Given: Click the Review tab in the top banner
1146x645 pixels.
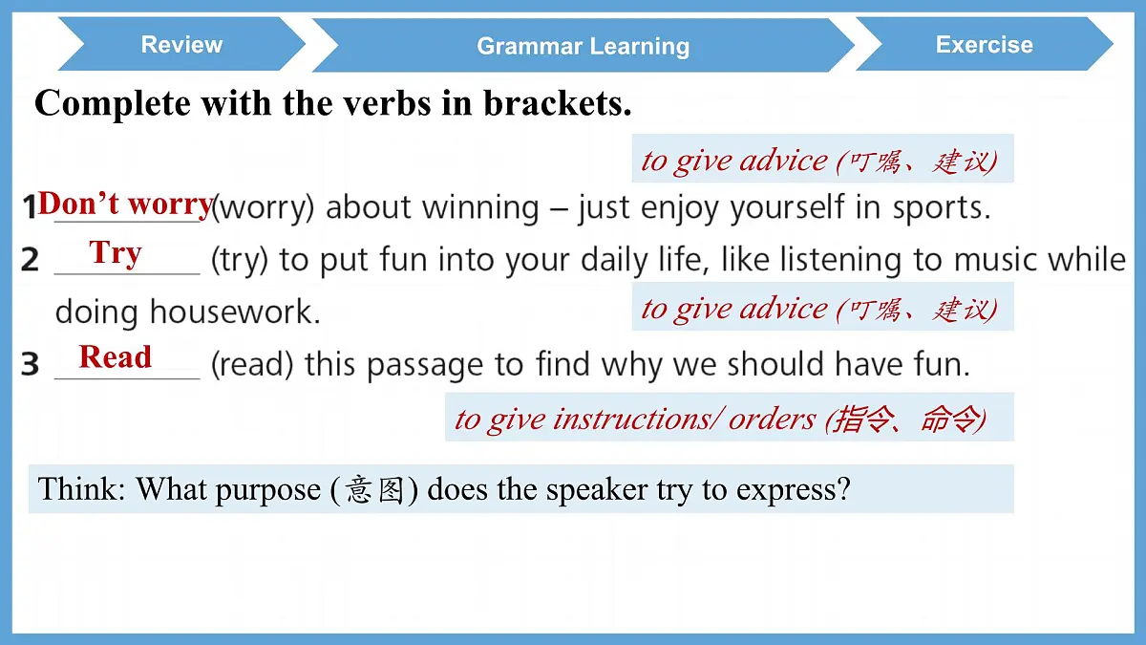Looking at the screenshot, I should tap(181, 44).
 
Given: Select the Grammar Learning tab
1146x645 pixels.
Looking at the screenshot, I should tap(583, 46).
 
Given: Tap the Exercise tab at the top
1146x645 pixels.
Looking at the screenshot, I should tap(984, 44).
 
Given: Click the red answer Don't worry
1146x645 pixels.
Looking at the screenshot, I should tap(125, 204).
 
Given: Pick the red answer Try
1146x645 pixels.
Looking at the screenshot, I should tap(116, 253).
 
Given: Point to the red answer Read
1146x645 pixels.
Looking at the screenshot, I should tap(116, 356).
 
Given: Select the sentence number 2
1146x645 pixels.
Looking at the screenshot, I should tap(31, 260).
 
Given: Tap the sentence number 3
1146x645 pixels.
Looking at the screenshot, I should tap(31, 364).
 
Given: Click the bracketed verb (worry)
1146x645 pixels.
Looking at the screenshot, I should tap(263, 207).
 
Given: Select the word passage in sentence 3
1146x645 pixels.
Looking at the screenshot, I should tap(425, 364).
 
